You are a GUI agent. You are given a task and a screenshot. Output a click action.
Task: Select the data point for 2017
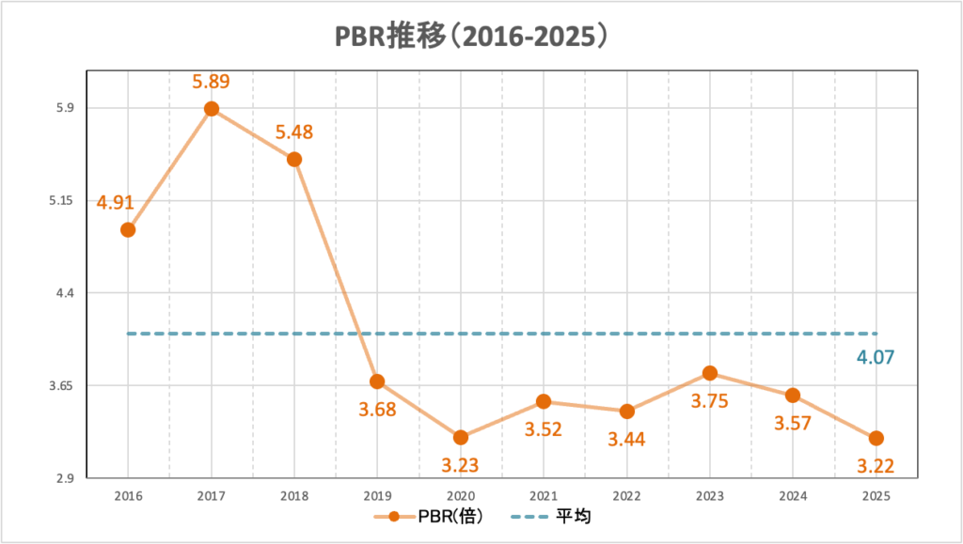pyautogui.click(x=212, y=109)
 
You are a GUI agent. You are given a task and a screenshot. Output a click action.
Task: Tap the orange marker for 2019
pyautogui.click(x=377, y=381)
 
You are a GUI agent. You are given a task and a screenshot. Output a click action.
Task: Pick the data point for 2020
pyautogui.click(x=460, y=437)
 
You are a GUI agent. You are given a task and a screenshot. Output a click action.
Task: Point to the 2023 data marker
pyautogui.click(x=709, y=373)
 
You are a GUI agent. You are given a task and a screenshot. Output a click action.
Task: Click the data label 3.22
pyautogui.click(x=876, y=464)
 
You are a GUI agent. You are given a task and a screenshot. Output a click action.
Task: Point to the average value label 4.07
pyautogui.click(x=875, y=357)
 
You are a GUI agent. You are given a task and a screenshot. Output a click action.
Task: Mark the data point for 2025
pyautogui.click(x=876, y=438)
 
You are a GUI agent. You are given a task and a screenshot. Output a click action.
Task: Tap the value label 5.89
pyautogui.click(x=212, y=82)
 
